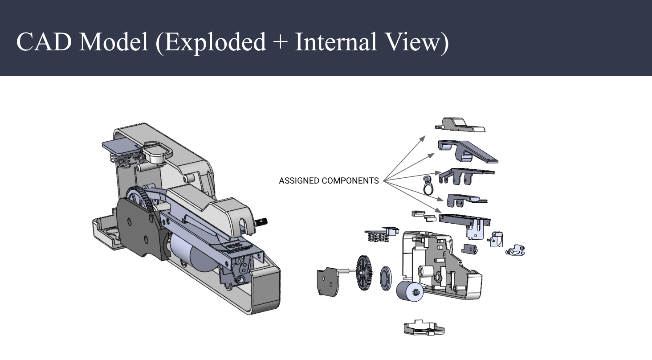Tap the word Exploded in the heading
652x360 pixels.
[211, 42]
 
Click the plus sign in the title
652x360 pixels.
[280, 43]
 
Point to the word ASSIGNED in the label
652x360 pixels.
[299, 181]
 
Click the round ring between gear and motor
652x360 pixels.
[386, 278]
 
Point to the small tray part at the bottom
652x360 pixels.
[424, 329]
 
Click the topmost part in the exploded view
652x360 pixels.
[460, 125]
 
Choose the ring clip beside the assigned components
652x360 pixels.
[428, 184]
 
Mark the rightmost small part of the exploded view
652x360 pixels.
[516, 250]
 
